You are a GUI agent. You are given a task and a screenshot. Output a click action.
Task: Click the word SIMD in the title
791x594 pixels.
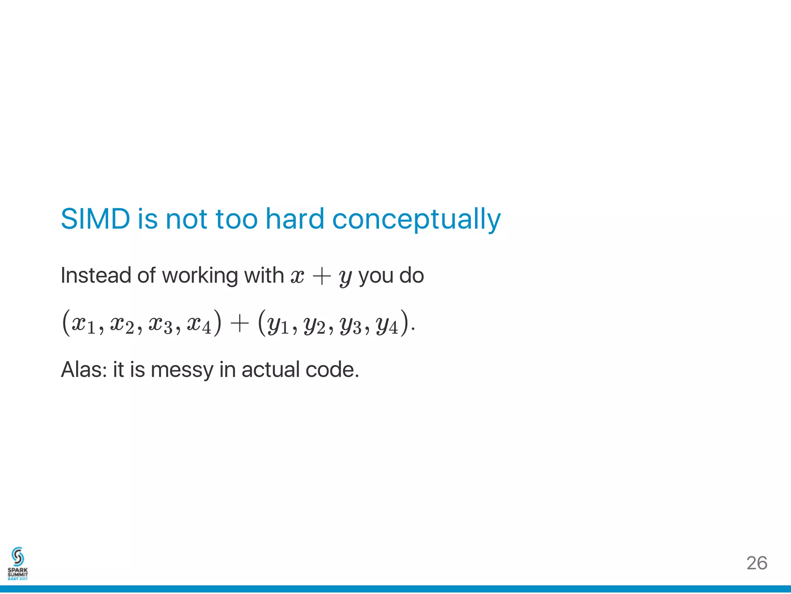95,219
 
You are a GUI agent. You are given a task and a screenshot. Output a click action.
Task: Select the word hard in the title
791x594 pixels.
295,219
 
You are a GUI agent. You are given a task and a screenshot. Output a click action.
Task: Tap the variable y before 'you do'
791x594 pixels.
345,278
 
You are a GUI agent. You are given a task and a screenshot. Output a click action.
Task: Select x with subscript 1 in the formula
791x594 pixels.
83,324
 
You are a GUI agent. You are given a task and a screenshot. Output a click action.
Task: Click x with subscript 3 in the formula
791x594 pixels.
160,324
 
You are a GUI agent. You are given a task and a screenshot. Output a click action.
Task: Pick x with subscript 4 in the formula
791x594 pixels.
199,324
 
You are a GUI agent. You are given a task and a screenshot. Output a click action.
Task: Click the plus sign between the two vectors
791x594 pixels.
239,323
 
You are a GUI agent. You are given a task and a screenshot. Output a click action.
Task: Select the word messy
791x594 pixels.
182,370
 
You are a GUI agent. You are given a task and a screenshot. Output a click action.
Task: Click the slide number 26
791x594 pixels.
757,563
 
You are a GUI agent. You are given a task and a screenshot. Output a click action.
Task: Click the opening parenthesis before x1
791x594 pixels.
66,322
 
